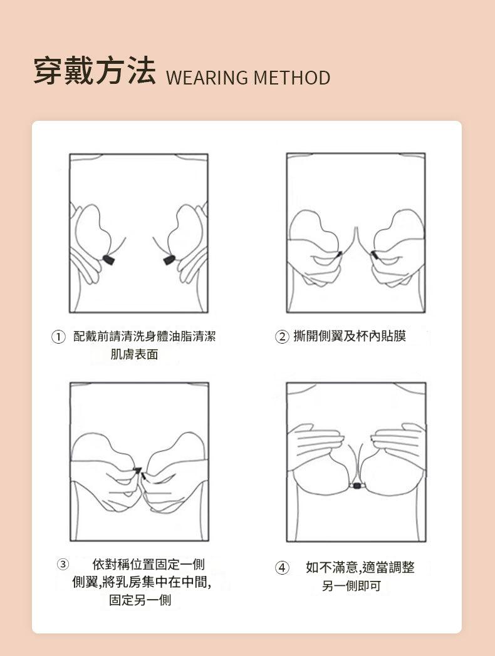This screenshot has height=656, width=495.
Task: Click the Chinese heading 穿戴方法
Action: [x=94, y=71]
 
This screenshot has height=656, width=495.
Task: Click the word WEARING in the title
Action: [x=207, y=78]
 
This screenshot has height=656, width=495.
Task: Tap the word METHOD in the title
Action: [x=292, y=78]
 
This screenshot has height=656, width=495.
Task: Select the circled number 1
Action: [x=59, y=337]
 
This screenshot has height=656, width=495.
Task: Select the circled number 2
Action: [x=282, y=337]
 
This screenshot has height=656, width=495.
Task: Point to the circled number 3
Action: [x=63, y=565]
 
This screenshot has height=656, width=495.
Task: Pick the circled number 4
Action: [x=282, y=568]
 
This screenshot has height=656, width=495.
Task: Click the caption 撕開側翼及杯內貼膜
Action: [x=350, y=336]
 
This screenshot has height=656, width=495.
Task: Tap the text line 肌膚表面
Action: [x=134, y=354]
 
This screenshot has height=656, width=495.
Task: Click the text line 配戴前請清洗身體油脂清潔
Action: [x=145, y=336]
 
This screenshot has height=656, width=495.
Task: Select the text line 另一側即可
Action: [x=352, y=586]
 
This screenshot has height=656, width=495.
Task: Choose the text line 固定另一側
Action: [x=140, y=600]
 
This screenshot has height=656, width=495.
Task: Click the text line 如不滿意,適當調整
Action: [x=360, y=567]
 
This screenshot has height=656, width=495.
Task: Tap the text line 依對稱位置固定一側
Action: [x=148, y=565]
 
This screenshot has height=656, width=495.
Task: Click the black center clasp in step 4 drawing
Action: [x=357, y=486]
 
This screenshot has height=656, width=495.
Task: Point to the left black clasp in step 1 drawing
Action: [x=108, y=259]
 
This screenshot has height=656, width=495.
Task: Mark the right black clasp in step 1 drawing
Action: [x=169, y=260]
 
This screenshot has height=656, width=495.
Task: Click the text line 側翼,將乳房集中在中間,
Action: [x=142, y=582]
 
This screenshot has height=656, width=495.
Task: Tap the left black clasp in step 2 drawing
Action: [x=339, y=254]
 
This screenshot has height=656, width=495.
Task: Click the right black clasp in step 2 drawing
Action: [x=374, y=255]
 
